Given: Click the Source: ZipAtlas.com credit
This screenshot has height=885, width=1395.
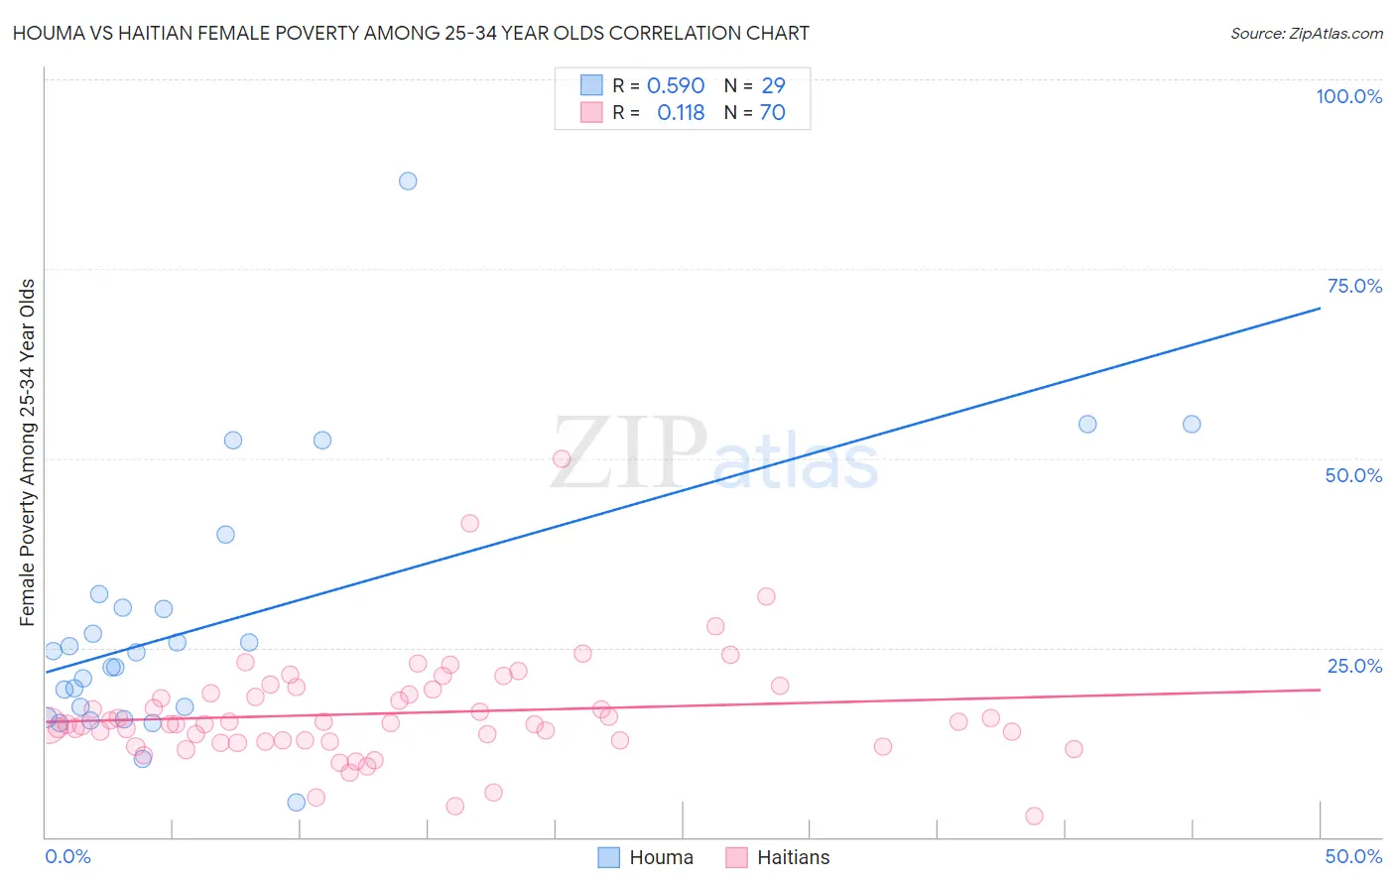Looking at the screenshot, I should click(1306, 33).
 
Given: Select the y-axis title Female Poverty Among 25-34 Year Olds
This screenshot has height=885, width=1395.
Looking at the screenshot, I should click(28, 452).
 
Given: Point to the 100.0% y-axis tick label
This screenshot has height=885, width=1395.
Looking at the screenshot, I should click(1348, 96).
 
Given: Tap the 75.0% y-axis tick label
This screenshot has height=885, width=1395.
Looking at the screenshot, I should click(1354, 286).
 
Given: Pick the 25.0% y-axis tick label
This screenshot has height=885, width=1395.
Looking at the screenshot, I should click(1354, 665).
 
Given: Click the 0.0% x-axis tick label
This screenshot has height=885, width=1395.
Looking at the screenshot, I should click(67, 856).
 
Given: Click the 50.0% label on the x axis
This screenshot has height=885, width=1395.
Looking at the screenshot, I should click(1353, 856).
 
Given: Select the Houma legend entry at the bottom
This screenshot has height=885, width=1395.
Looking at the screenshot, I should click(646, 857).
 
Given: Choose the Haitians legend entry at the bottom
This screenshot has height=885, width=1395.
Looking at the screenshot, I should click(778, 857).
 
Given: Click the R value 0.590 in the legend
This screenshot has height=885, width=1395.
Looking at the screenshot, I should click(676, 86).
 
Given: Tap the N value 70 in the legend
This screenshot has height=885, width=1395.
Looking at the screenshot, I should click(772, 113).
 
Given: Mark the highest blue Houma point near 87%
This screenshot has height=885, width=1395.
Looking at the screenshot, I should click(408, 181).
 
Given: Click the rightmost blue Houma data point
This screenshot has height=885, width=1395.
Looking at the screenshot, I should click(1192, 424).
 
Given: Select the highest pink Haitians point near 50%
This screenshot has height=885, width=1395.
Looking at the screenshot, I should click(562, 458).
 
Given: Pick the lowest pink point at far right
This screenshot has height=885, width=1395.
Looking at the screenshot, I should click(1034, 816).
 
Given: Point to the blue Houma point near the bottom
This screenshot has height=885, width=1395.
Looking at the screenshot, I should click(296, 802).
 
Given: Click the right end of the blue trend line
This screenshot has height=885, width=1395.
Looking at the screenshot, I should click(1320, 309).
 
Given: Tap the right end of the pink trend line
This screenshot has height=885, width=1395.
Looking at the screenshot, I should click(1320, 689).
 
